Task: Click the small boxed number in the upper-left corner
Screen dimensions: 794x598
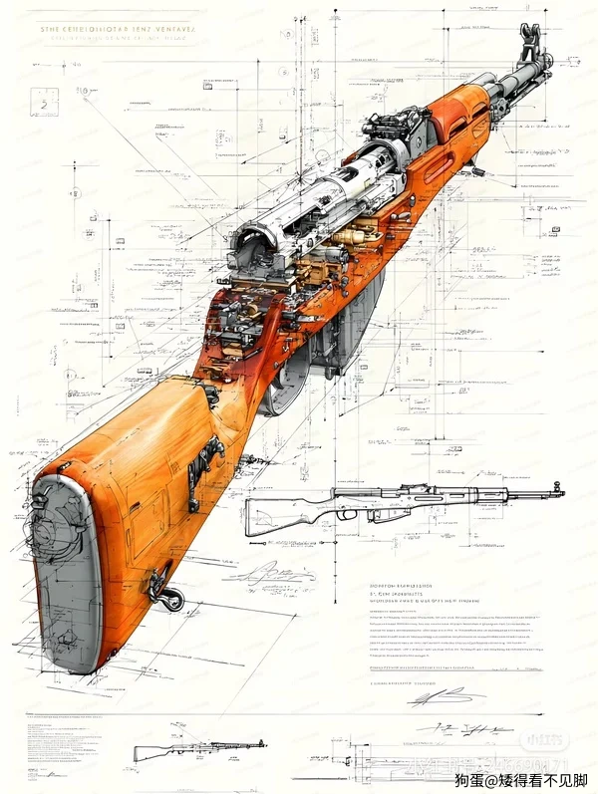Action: point(44,103)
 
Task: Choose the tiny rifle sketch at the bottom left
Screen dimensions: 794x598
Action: point(199,748)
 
